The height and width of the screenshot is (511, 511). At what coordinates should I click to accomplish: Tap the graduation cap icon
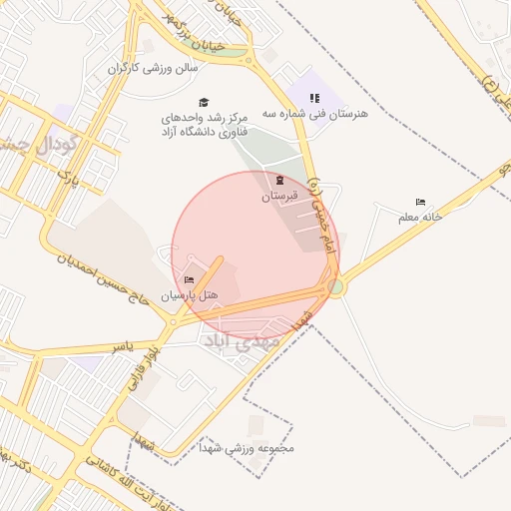point(205,102)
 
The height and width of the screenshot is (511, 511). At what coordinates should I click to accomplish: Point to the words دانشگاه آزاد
point(204,133)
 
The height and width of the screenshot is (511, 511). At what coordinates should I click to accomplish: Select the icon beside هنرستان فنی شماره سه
point(314,98)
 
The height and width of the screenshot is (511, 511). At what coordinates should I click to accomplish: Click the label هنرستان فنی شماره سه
point(315,114)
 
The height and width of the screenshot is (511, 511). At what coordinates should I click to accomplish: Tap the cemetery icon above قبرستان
point(279,181)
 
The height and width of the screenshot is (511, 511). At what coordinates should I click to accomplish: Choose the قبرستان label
point(280,197)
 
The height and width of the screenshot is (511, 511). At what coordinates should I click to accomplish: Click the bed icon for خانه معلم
point(420,203)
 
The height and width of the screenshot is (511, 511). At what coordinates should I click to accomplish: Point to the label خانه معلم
point(420,216)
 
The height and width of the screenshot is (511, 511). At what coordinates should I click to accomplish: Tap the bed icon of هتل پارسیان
point(190,280)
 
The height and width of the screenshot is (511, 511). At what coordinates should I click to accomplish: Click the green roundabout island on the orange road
point(336,287)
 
